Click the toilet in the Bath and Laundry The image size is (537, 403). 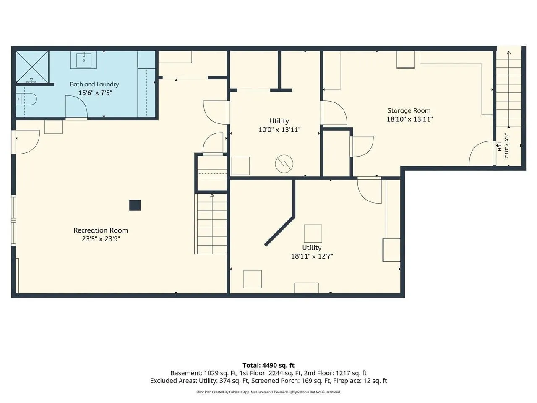coord(26,99)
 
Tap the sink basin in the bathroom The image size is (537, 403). coord(83,59)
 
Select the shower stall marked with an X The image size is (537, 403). coord(32,67)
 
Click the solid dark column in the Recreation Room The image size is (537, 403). coord(135,205)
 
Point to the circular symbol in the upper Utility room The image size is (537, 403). coord(284,164)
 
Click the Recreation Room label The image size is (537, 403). coord(101,230)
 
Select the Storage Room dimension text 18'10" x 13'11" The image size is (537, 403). coord(409,119)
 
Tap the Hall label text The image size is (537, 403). coord(499,146)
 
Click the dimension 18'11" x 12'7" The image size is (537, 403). coord(312,256)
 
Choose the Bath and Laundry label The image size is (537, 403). coord(94,84)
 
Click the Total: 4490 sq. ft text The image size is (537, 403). coord(268,365)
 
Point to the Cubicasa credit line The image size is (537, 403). coord(268,392)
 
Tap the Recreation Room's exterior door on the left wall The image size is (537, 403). coord(26,142)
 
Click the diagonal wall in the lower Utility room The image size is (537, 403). coord(280,231)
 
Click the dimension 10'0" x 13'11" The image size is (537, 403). coord(279,130)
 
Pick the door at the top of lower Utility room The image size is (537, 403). coord(369,190)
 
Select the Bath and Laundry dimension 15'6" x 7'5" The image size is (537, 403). coord(95,93)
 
